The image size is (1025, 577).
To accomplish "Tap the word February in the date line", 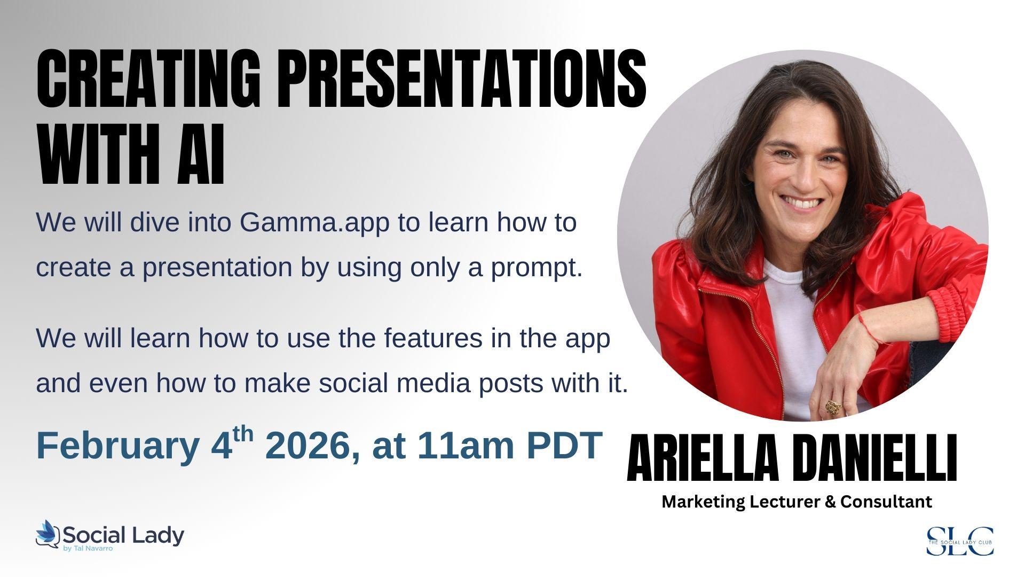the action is coord(117,446).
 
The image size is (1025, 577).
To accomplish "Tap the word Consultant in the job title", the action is coord(886,502).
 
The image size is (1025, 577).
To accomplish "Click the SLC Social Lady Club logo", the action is coord(960,541).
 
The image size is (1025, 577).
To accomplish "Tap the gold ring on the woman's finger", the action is coord(831,406).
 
